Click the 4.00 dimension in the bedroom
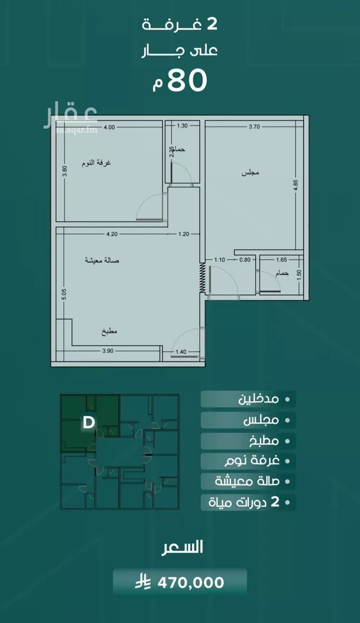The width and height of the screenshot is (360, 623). click(109, 127)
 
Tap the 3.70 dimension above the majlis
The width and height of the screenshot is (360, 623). click(254, 127)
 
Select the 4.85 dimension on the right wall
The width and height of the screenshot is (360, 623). click(295, 185)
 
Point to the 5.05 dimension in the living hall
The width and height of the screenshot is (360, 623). click(64, 294)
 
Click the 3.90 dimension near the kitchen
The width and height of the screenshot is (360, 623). click(108, 351)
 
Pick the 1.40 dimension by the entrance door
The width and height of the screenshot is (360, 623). click(181, 352)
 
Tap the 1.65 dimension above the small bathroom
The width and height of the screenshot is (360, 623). click(281, 260)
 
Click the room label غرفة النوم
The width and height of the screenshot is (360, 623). click(96, 163)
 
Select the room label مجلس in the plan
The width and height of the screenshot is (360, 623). click(250, 173)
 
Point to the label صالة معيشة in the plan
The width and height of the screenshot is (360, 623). click(102, 260)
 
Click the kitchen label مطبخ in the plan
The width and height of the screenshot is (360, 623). click(109, 331)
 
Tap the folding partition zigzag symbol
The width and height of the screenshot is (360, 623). click(203, 278)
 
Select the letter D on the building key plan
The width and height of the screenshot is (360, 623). click(89, 423)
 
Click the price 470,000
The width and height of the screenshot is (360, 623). click(191, 583)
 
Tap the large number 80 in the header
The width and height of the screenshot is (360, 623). click(187, 80)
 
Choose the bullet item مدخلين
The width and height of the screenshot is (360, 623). click(259, 399)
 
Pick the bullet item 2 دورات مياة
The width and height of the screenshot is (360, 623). click(244, 502)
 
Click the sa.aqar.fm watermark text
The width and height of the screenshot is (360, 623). click(76, 130)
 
